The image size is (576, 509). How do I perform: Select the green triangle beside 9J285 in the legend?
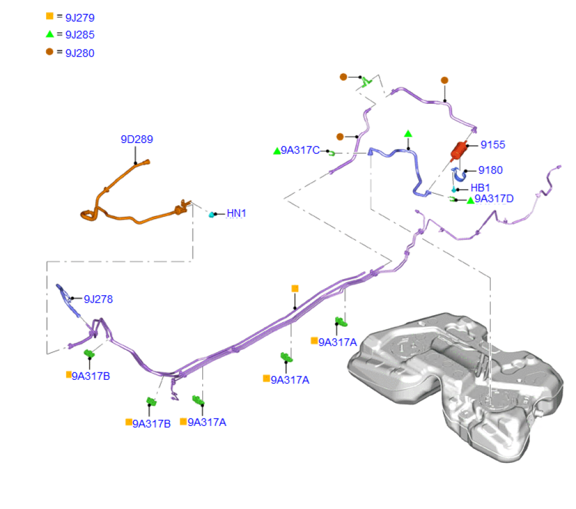(50, 34)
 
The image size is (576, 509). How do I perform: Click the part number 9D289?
(137, 139)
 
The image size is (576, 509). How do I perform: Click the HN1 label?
(236, 213)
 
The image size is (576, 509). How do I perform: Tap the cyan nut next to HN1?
(212, 214)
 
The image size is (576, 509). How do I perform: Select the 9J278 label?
(98, 299)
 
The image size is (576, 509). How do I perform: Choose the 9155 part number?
(492, 145)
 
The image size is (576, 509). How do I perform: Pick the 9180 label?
(490, 170)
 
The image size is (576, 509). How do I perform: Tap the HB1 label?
(480, 188)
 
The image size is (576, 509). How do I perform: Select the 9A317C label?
(300, 151)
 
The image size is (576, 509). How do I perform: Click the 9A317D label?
(494, 199)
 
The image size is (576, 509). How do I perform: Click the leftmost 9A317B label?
(90, 376)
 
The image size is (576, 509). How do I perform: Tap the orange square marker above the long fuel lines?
(295, 288)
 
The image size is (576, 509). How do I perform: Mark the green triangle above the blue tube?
(408, 134)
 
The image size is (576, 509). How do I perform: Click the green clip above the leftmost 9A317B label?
(89, 353)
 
